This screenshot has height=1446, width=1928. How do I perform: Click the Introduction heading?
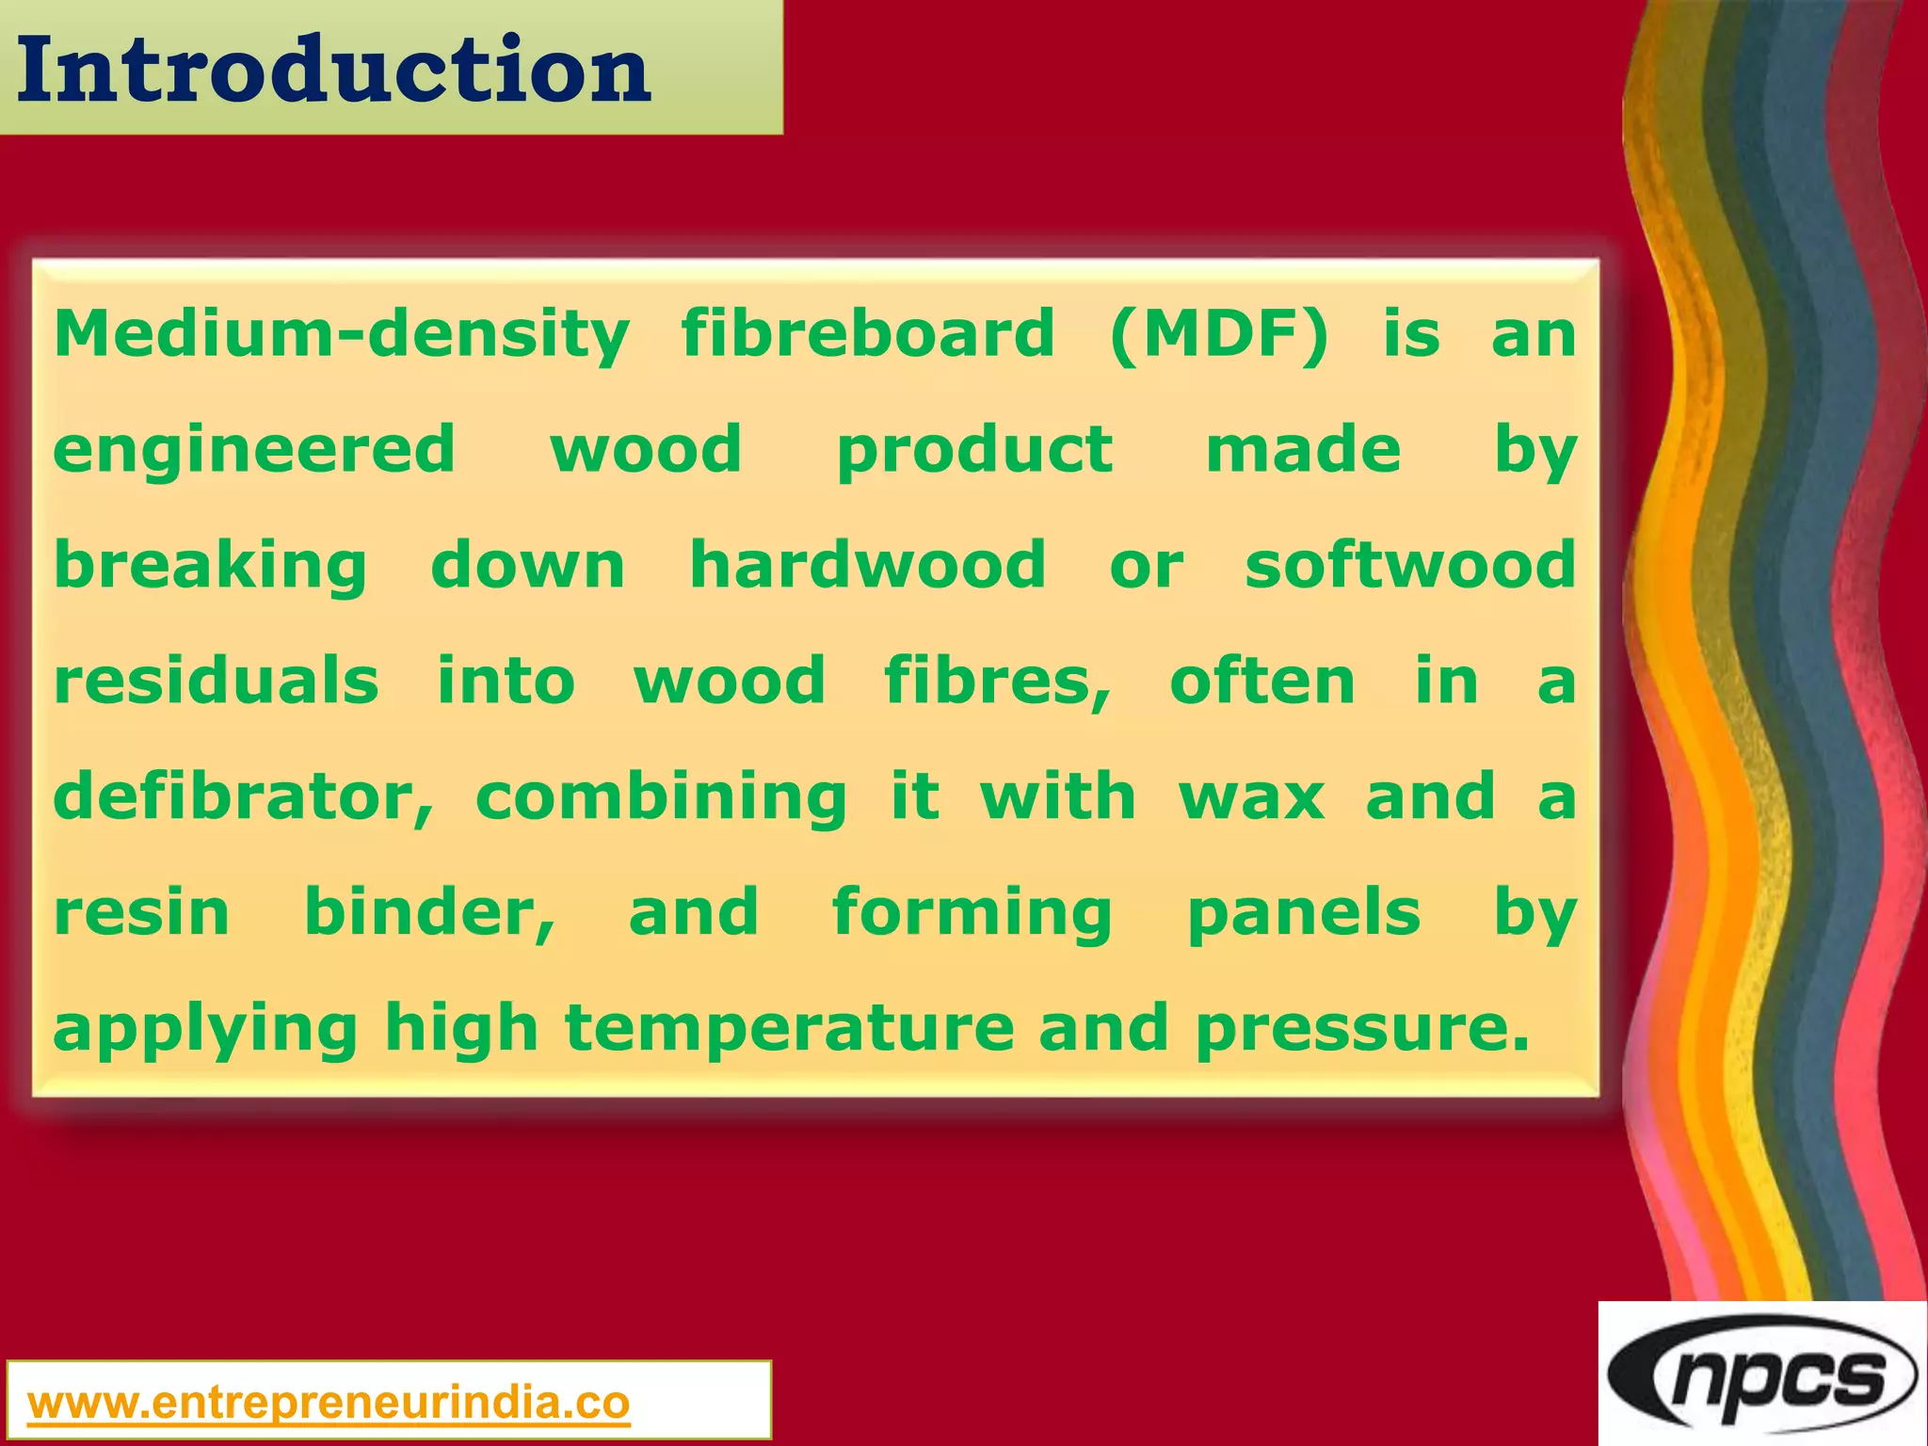[x=333, y=70]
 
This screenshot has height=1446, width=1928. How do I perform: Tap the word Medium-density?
[x=341, y=334]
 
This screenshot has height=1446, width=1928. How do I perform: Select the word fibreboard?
[x=867, y=334]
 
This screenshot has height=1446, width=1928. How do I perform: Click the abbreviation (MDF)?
[x=1219, y=334]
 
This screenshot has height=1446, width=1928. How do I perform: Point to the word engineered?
[x=254, y=451]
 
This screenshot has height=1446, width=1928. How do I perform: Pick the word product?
[x=974, y=451]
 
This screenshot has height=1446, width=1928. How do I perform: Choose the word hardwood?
[x=867, y=565]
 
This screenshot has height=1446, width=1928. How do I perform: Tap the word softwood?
[x=1409, y=565]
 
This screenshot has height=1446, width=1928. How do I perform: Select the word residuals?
[x=217, y=681]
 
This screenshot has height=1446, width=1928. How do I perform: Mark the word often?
[x=1262, y=681]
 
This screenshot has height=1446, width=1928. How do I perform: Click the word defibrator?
[x=244, y=797]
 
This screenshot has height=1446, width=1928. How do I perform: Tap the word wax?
[x=1251, y=797]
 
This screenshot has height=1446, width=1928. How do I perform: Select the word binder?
[x=429, y=913]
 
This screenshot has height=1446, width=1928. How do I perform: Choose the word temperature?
[x=789, y=1030]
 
